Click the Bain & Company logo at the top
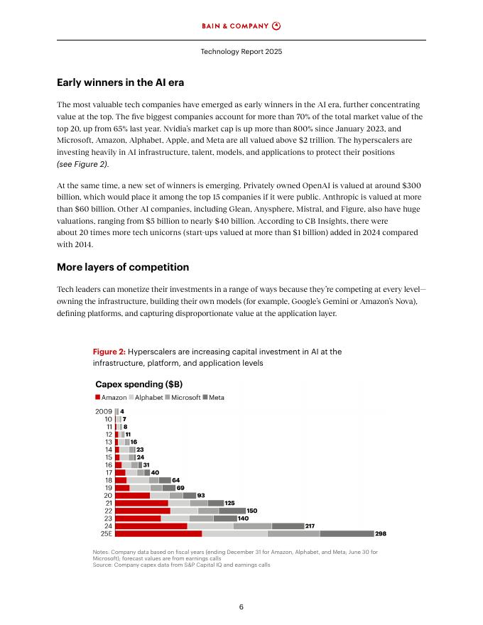click(x=241, y=26)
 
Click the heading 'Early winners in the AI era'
click(x=121, y=82)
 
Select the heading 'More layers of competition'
click(x=123, y=267)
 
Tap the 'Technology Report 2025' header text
click(x=241, y=52)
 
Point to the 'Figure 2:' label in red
click(x=109, y=352)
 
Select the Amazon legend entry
click(x=111, y=398)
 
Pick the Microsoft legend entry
click(x=182, y=398)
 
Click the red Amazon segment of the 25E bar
click(x=158, y=533)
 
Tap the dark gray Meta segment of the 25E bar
click(x=347, y=533)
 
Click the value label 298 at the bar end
click(x=381, y=533)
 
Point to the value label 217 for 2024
click(x=310, y=526)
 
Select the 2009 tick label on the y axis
click(x=104, y=411)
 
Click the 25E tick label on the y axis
click(x=105, y=533)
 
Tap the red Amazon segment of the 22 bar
click(x=142, y=511)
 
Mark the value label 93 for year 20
click(x=201, y=495)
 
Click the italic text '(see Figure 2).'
click(x=82, y=164)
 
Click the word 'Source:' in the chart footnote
click(x=103, y=565)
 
